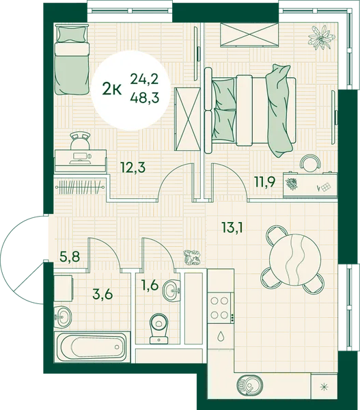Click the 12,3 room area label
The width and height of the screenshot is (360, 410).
[133, 167]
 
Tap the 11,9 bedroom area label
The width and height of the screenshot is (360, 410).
[264, 182]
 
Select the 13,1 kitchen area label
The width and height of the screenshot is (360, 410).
[232, 228]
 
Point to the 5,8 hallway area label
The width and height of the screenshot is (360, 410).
[70, 256]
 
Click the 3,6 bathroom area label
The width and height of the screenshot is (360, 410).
[102, 294]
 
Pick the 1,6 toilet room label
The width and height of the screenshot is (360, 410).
[150, 284]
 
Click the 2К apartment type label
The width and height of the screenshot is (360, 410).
[112, 89]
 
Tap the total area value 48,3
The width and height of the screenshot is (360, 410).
[145, 98]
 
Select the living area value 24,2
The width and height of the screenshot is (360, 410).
[145, 79]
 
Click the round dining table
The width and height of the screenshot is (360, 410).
[295, 260]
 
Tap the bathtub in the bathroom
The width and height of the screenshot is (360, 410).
[92, 347]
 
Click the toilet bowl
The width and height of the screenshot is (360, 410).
[158, 329]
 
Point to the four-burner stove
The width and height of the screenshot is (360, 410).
[219, 308]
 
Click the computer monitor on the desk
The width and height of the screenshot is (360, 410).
[81, 159]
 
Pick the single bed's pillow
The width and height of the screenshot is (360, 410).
[72, 34]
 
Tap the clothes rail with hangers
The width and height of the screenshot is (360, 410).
[80, 187]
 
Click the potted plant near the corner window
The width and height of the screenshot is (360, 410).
[321, 38]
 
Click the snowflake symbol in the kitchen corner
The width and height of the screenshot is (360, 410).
[324, 387]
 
